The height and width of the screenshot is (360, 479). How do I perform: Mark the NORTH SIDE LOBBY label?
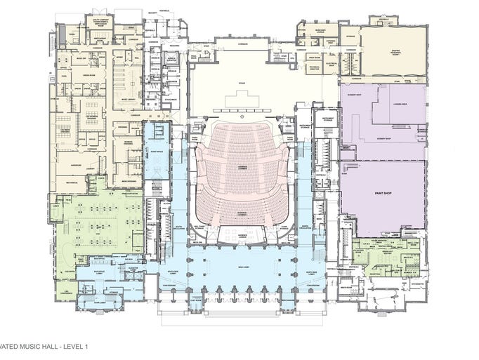click(312, 269)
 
